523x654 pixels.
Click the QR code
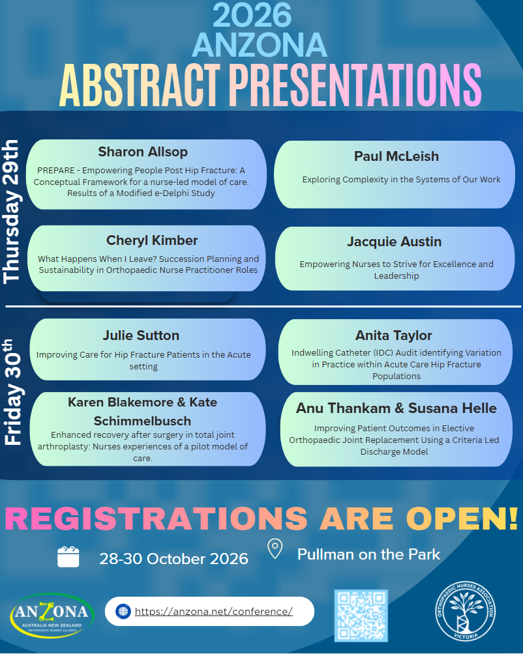361,615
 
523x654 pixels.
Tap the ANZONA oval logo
52,615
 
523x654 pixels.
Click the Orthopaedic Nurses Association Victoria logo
466,611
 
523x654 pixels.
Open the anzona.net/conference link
214,612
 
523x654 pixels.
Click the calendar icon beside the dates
68,557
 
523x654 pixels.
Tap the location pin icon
275,548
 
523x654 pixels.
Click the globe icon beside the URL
123,612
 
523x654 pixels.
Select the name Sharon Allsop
143,152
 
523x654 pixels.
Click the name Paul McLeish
396,156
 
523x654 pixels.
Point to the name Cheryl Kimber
152,240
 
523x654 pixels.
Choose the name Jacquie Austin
395,242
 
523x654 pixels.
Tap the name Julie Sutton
141,335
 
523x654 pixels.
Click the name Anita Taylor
394,335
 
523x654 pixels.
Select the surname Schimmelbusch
142,421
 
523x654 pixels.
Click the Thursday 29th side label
11,212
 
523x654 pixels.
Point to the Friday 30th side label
12,392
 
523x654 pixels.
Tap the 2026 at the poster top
252,14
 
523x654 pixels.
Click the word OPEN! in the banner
462,519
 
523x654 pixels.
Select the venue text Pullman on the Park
368,554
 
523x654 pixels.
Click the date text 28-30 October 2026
173,558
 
